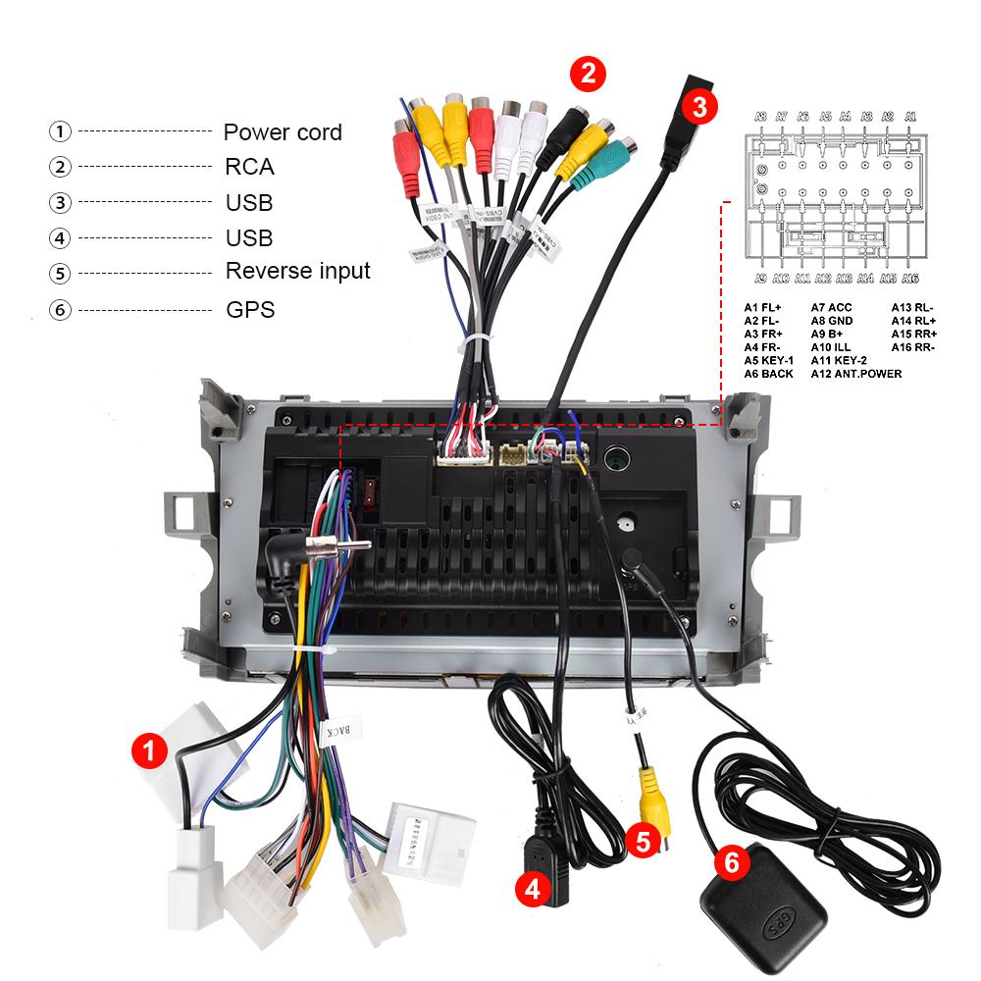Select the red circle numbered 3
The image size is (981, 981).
point(697,106)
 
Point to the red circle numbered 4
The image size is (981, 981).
point(532,889)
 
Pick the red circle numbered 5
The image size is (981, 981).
point(643,841)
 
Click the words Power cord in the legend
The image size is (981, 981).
point(283,131)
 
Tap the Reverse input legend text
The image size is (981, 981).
point(298,271)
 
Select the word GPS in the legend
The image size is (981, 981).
point(250,310)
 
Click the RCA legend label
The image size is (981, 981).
point(249,167)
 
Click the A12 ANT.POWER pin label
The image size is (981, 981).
point(855,374)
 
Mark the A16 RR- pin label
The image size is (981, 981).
point(912,347)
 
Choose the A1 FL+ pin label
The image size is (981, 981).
point(762,307)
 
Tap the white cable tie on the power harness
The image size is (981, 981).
point(313,652)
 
